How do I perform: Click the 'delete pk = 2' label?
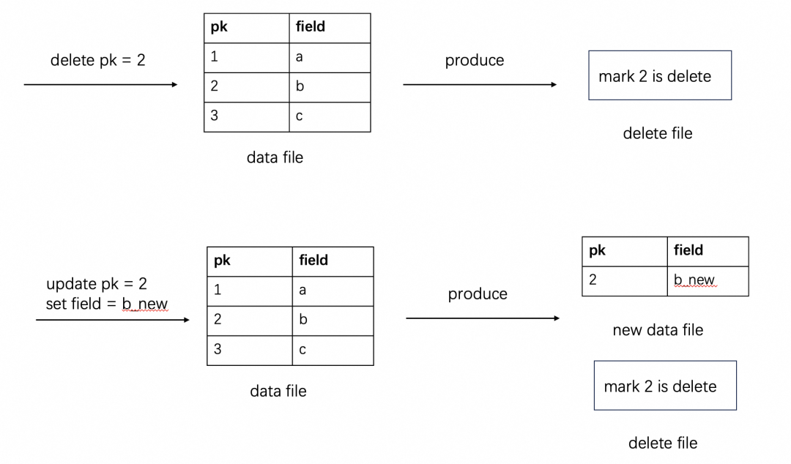click(97, 60)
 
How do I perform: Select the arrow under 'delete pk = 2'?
click(100, 85)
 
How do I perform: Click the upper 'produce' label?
click(475, 60)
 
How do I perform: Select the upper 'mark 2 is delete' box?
click(660, 75)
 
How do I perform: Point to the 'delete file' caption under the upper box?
click(657, 133)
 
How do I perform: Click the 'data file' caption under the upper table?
click(275, 157)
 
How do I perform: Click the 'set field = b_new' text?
click(106, 304)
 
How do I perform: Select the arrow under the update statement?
click(112, 320)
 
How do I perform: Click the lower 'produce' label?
click(478, 293)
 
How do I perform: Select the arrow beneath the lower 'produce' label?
click(482, 318)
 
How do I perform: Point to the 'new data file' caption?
click(658, 330)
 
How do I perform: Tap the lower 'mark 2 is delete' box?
click(664, 386)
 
